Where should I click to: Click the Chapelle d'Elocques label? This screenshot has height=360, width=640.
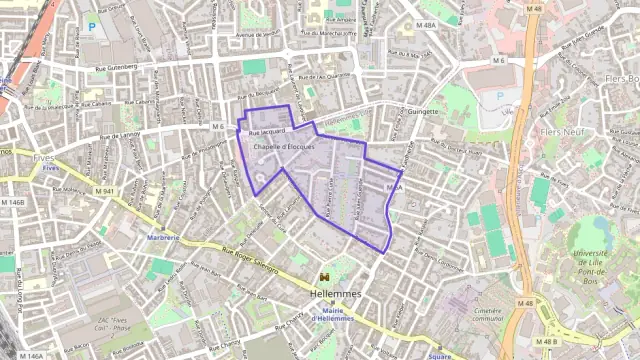284,147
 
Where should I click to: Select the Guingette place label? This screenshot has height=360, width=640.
422,111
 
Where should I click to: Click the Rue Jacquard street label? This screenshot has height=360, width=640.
267,131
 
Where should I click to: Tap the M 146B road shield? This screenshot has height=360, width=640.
13,202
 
